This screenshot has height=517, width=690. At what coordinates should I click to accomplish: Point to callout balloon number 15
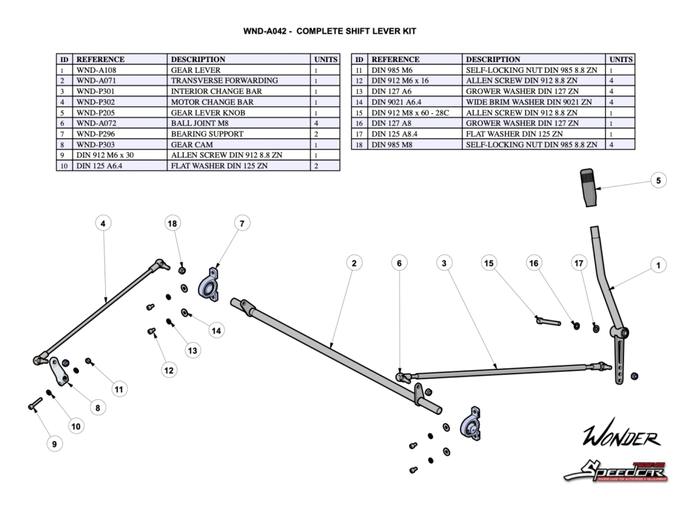(x=489, y=263)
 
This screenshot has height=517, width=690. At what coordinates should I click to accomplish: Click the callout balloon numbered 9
(x=55, y=444)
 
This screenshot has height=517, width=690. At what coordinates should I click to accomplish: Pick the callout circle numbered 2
(x=354, y=263)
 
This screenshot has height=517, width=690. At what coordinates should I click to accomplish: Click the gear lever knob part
(x=589, y=188)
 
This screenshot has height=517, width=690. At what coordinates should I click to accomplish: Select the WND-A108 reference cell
(x=121, y=70)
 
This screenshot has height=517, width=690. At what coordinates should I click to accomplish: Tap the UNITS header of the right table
(x=620, y=59)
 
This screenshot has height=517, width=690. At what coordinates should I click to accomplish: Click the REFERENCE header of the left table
(x=121, y=59)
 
